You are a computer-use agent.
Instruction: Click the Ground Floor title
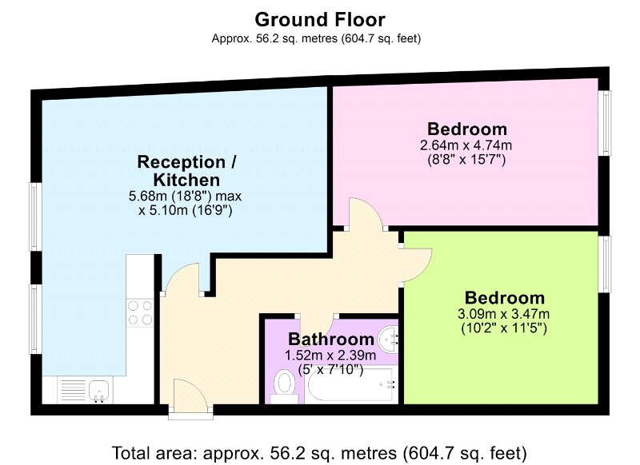pyautogui.click(x=319, y=19)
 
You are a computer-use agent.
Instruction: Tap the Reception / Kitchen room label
pyautogui.click(x=186, y=171)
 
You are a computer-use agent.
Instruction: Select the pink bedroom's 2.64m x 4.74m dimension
pyautogui.click(x=466, y=145)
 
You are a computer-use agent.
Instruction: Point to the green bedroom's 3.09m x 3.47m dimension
pyautogui.click(x=504, y=314)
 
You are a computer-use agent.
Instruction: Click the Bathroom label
pyautogui.click(x=331, y=339)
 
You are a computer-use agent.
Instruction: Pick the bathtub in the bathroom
pyautogui.click(x=351, y=385)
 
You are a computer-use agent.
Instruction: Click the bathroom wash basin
pyautogui.click(x=388, y=339)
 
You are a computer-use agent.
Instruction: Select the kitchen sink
pyautogui.click(x=99, y=391)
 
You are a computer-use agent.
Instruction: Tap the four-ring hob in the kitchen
pyautogui.click(x=140, y=312)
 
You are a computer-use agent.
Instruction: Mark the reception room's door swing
pyautogui.click(x=181, y=277)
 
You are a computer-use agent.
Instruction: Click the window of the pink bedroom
pyautogui.click(x=606, y=123)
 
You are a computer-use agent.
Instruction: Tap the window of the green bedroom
pyautogui.click(x=606, y=264)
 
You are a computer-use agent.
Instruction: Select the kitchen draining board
pyautogui.click(x=73, y=391)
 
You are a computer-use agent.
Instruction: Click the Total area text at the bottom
pyautogui.click(x=319, y=453)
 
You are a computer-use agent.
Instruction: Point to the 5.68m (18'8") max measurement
pyautogui.click(x=186, y=196)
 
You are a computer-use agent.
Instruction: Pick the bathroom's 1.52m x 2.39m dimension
pyautogui.click(x=330, y=356)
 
